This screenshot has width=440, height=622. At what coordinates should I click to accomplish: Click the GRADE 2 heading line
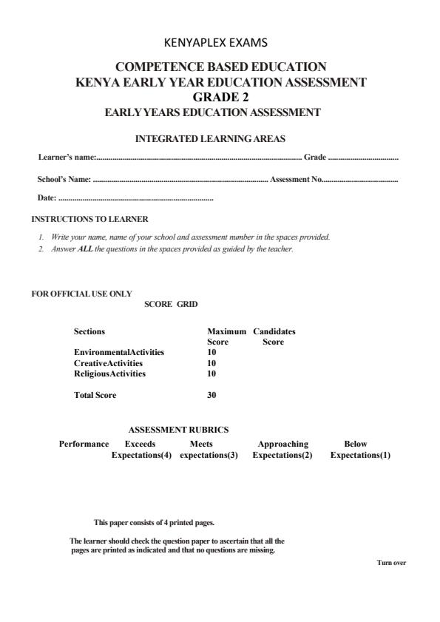pyautogui.click(x=220, y=97)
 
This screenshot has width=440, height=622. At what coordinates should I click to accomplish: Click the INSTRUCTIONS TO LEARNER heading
pyautogui.click(x=89, y=219)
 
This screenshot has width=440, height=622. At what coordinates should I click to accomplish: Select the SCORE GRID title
pyautogui.click(x=171, y=304)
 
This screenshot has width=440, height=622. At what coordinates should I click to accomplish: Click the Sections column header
pyautogui.click(x=89, y=332)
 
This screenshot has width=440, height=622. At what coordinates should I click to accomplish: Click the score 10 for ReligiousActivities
pyautogui.click(x=211, y=373)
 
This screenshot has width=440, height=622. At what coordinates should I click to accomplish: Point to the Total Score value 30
pyautogui.click(x=211, y=395)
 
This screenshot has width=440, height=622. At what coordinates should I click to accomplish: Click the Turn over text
pyautogui.click(x=391, y=563)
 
